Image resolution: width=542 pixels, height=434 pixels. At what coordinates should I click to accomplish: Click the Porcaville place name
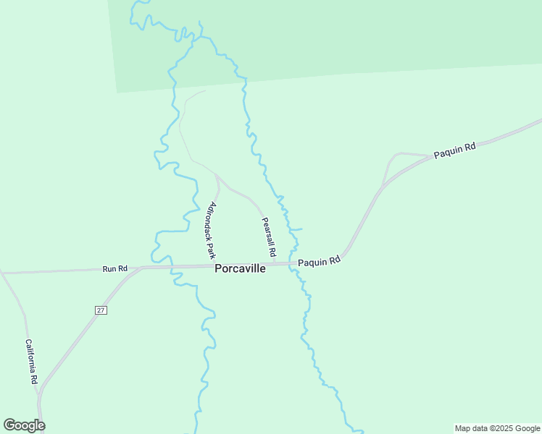pos(240,268)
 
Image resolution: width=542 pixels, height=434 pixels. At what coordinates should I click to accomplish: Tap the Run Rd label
pos(114,269)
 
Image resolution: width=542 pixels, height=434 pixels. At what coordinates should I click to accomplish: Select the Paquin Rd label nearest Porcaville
pos(319,261)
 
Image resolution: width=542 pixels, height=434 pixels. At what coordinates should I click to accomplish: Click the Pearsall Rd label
pos(269,238)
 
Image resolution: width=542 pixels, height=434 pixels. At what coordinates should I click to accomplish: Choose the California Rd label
pos(31,362)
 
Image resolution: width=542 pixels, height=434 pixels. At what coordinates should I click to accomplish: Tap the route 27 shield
pos(101,310)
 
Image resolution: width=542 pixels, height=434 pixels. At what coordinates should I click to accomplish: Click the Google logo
pos(24,425)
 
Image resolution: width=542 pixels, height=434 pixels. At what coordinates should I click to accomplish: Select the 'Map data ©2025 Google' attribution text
pos(497,428)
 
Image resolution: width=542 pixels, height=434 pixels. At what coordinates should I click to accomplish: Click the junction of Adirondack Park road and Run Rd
pos(217,265)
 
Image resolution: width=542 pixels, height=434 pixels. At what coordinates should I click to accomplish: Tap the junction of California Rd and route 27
pos(38,394)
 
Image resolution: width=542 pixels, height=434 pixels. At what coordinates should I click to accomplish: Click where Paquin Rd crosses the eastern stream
pos(293,263)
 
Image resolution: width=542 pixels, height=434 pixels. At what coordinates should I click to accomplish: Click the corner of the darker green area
pos(117,93)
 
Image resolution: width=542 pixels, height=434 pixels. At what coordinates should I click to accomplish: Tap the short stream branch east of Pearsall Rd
pos(298,229)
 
